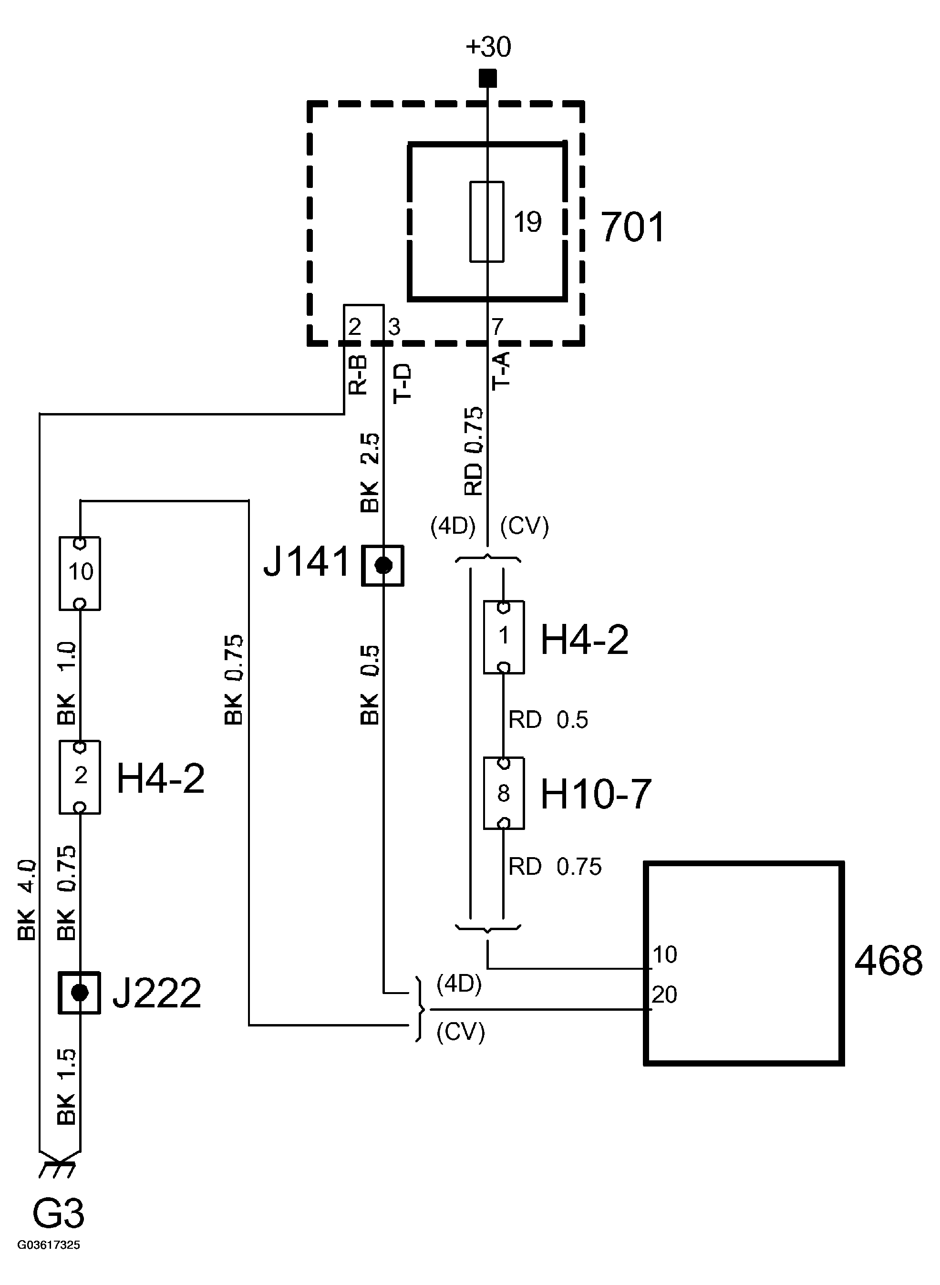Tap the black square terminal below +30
(487, 78)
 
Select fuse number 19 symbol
(486, 221)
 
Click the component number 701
(632, 227)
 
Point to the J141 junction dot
(383, 565)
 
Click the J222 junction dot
(80, 993)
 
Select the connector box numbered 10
(80, 572)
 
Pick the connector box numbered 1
(504, 637)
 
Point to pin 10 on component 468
(664, 954)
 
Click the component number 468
(888, 961)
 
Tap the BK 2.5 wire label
(370, 472)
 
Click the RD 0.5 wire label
(547, 720)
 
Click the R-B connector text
(357, 375)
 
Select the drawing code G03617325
(49, 1244)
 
